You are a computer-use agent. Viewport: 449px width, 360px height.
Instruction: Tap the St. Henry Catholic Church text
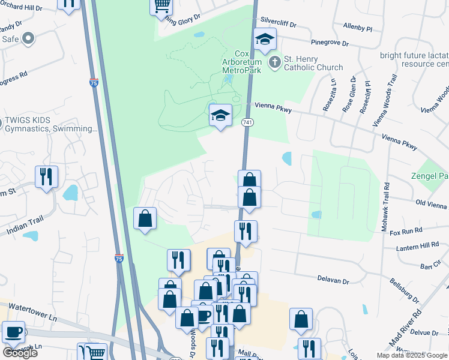pyautogui.click(x=313, y=63)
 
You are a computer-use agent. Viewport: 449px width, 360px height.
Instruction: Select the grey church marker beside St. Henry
pyautogui.click(x=274, y=62)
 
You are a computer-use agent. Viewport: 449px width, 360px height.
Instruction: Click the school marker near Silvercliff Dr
pyautogui.click(x=265, y=41)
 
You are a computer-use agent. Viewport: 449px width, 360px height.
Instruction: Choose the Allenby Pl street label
pyautogui.click(x=357, y=28)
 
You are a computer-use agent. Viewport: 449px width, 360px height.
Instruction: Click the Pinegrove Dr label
pyautogui.click(x=330, y=43)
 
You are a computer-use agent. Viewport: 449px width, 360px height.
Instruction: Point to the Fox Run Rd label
pyautogui.click(x=406, y=230)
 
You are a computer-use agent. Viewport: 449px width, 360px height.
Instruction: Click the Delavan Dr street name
pyautogui.click(x=334, y=280)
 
